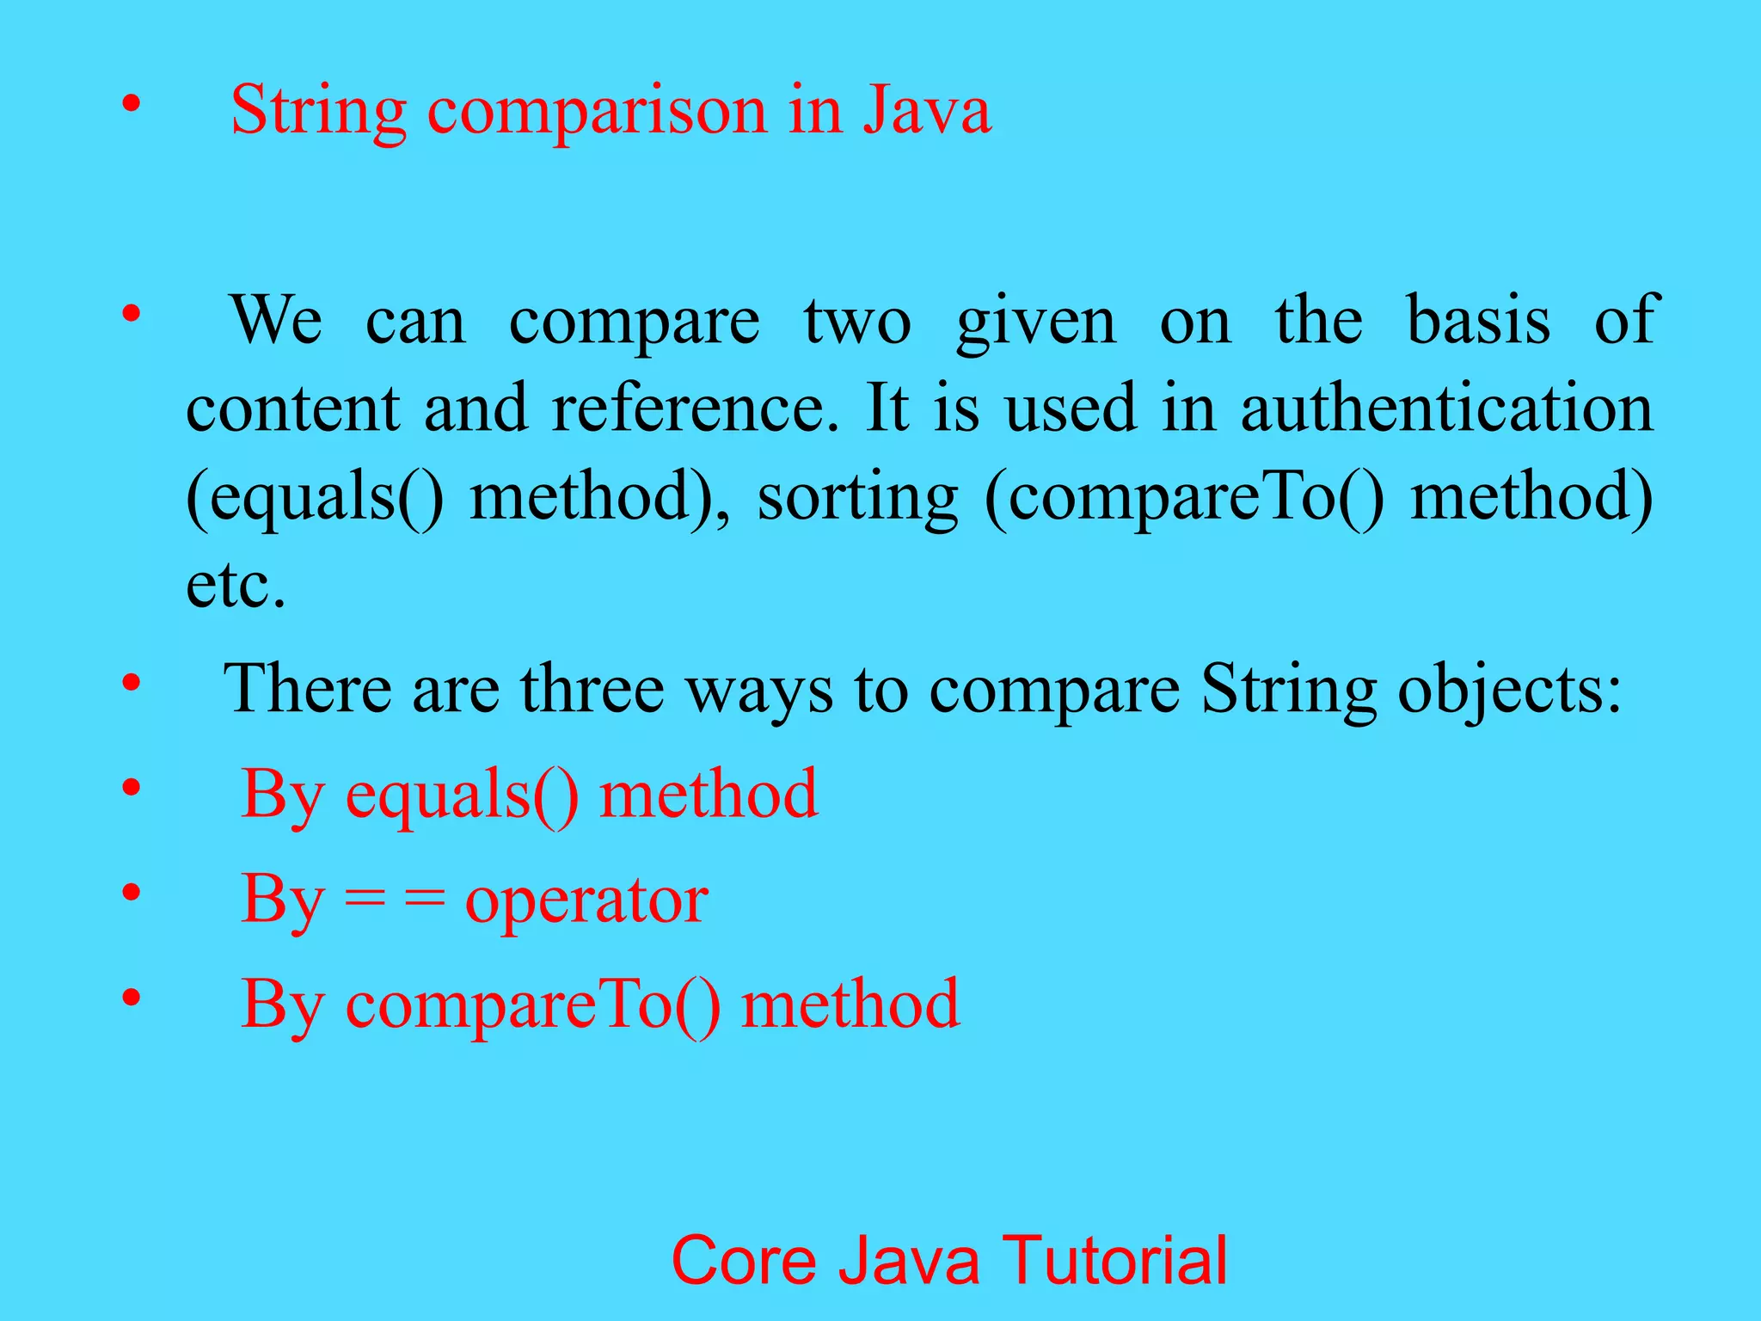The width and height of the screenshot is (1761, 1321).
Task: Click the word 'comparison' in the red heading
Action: (x=597, y=112)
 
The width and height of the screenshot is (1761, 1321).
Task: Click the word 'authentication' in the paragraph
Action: (x=1446, y=408)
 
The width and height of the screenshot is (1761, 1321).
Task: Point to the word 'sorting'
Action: (x=857, y=499)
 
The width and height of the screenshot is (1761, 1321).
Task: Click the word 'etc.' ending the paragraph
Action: (x=236, y=587)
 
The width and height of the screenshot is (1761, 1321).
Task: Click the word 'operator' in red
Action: (x=586, y=900)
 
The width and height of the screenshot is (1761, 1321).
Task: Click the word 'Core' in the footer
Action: (x=742, y=1261)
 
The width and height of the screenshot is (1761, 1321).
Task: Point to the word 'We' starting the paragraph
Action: (x=276, y=320)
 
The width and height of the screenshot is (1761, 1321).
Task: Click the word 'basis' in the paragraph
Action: (x=1478, y=320)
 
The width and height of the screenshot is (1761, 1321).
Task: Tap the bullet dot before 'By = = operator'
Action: (x=131, y=894)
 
